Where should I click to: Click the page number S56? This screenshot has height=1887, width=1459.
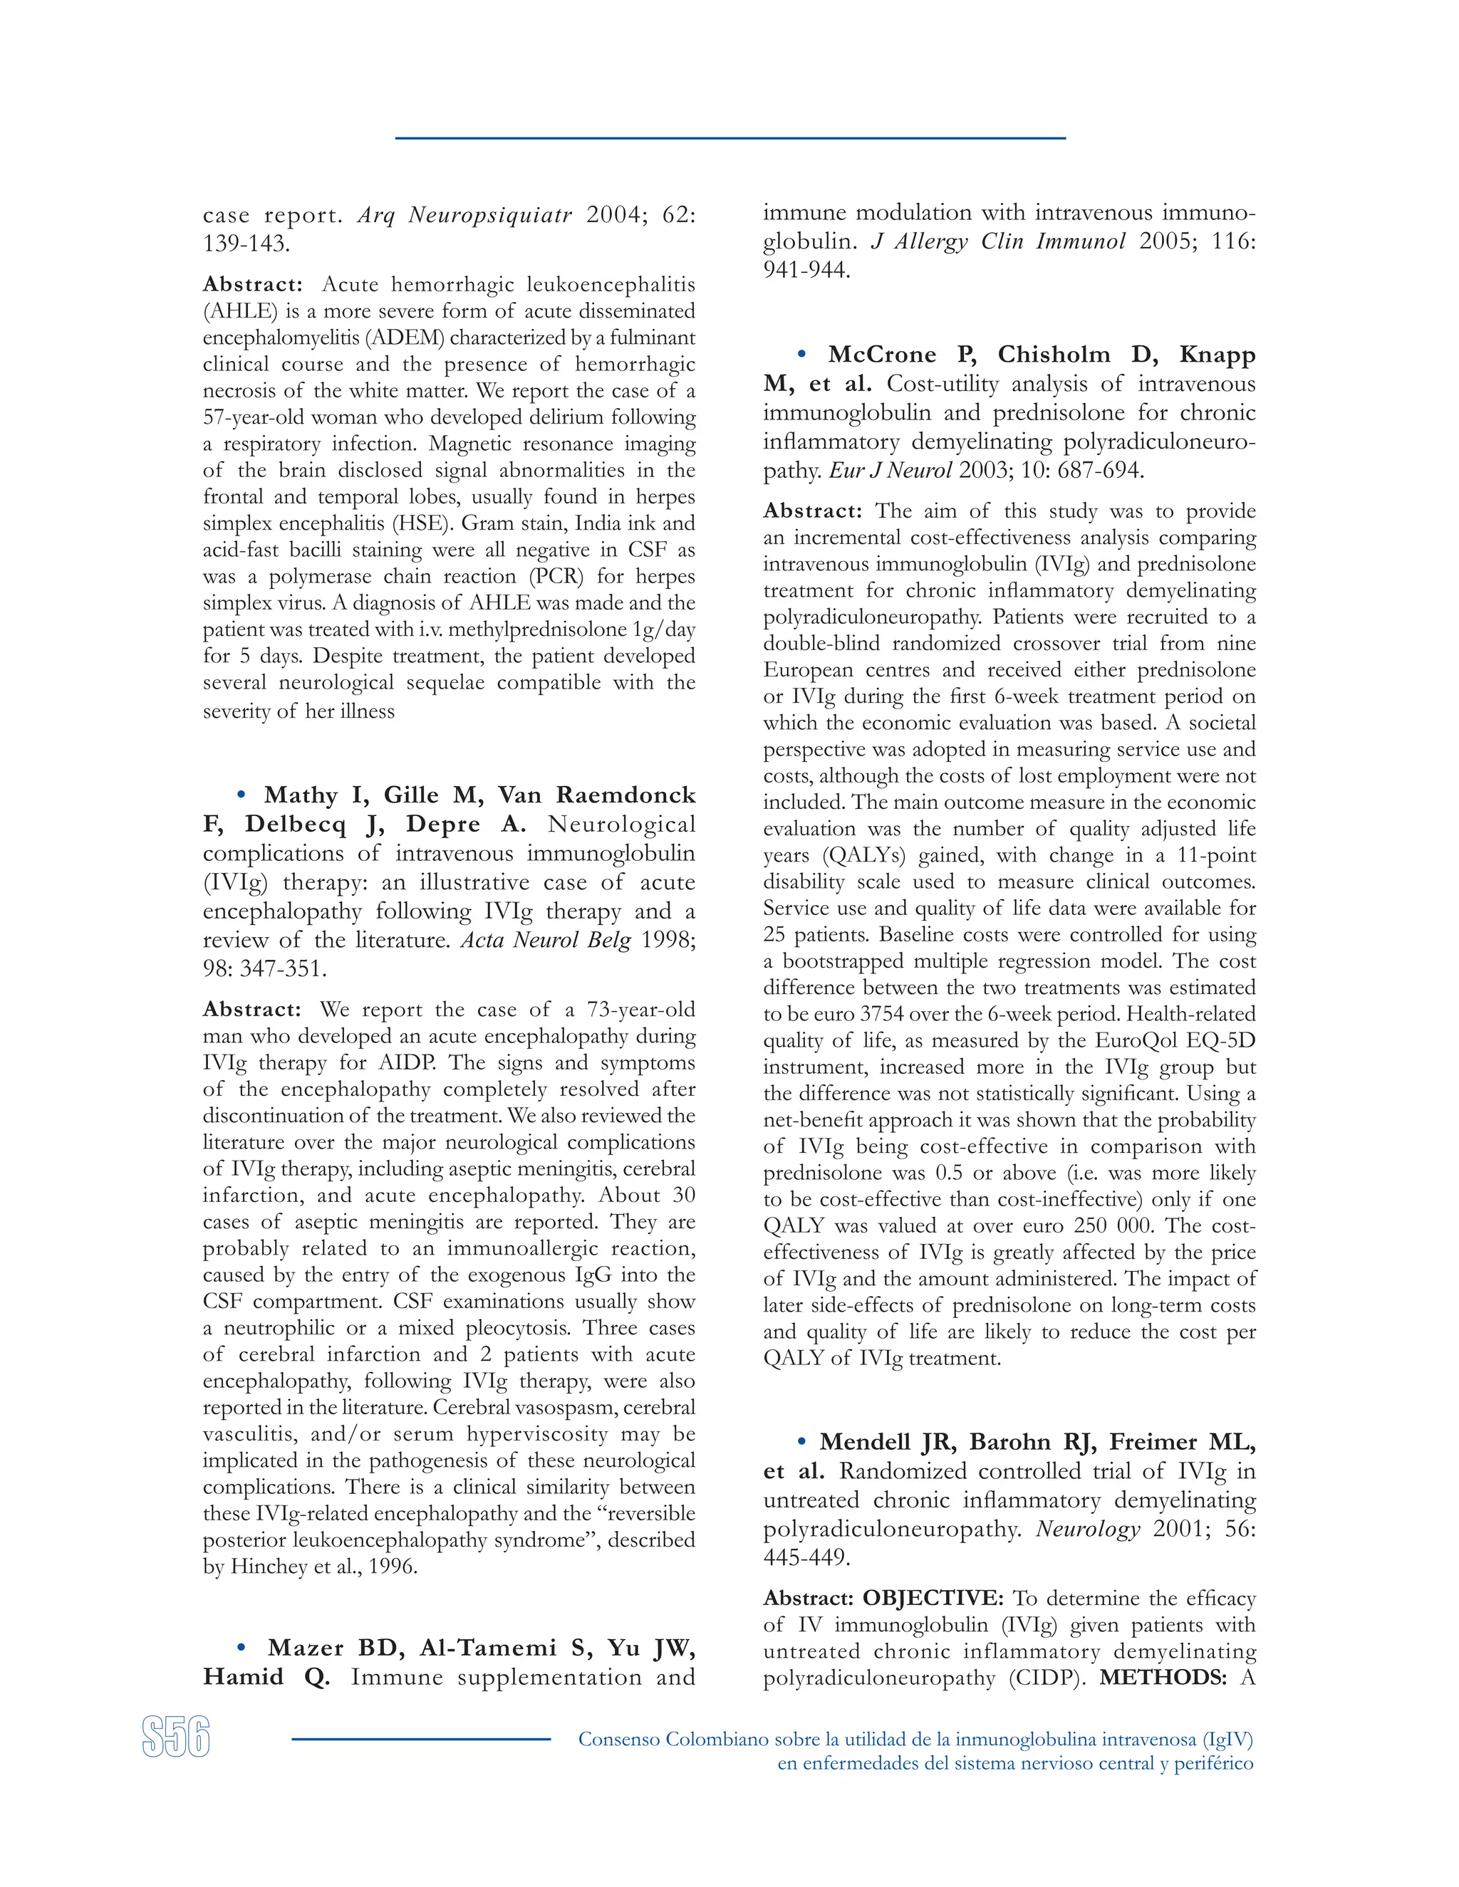pyautogui.click(x=177, y=1737)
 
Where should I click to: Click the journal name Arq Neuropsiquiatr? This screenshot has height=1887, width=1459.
pyautogui.click(x=464, y=214)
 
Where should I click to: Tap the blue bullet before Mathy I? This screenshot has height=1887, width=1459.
pyautogui.click(x=242, y=794)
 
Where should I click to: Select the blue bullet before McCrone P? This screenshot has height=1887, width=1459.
pyautogui.click(x=801, y=353)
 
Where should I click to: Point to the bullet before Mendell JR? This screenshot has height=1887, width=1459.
pyautogui.click(x=801, y=1441)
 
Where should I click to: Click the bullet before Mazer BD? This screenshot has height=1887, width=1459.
pyautogui.click(x=242, y=1648)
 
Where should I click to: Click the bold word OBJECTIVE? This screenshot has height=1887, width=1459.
pyautogui.click(x=933, y=1598)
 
